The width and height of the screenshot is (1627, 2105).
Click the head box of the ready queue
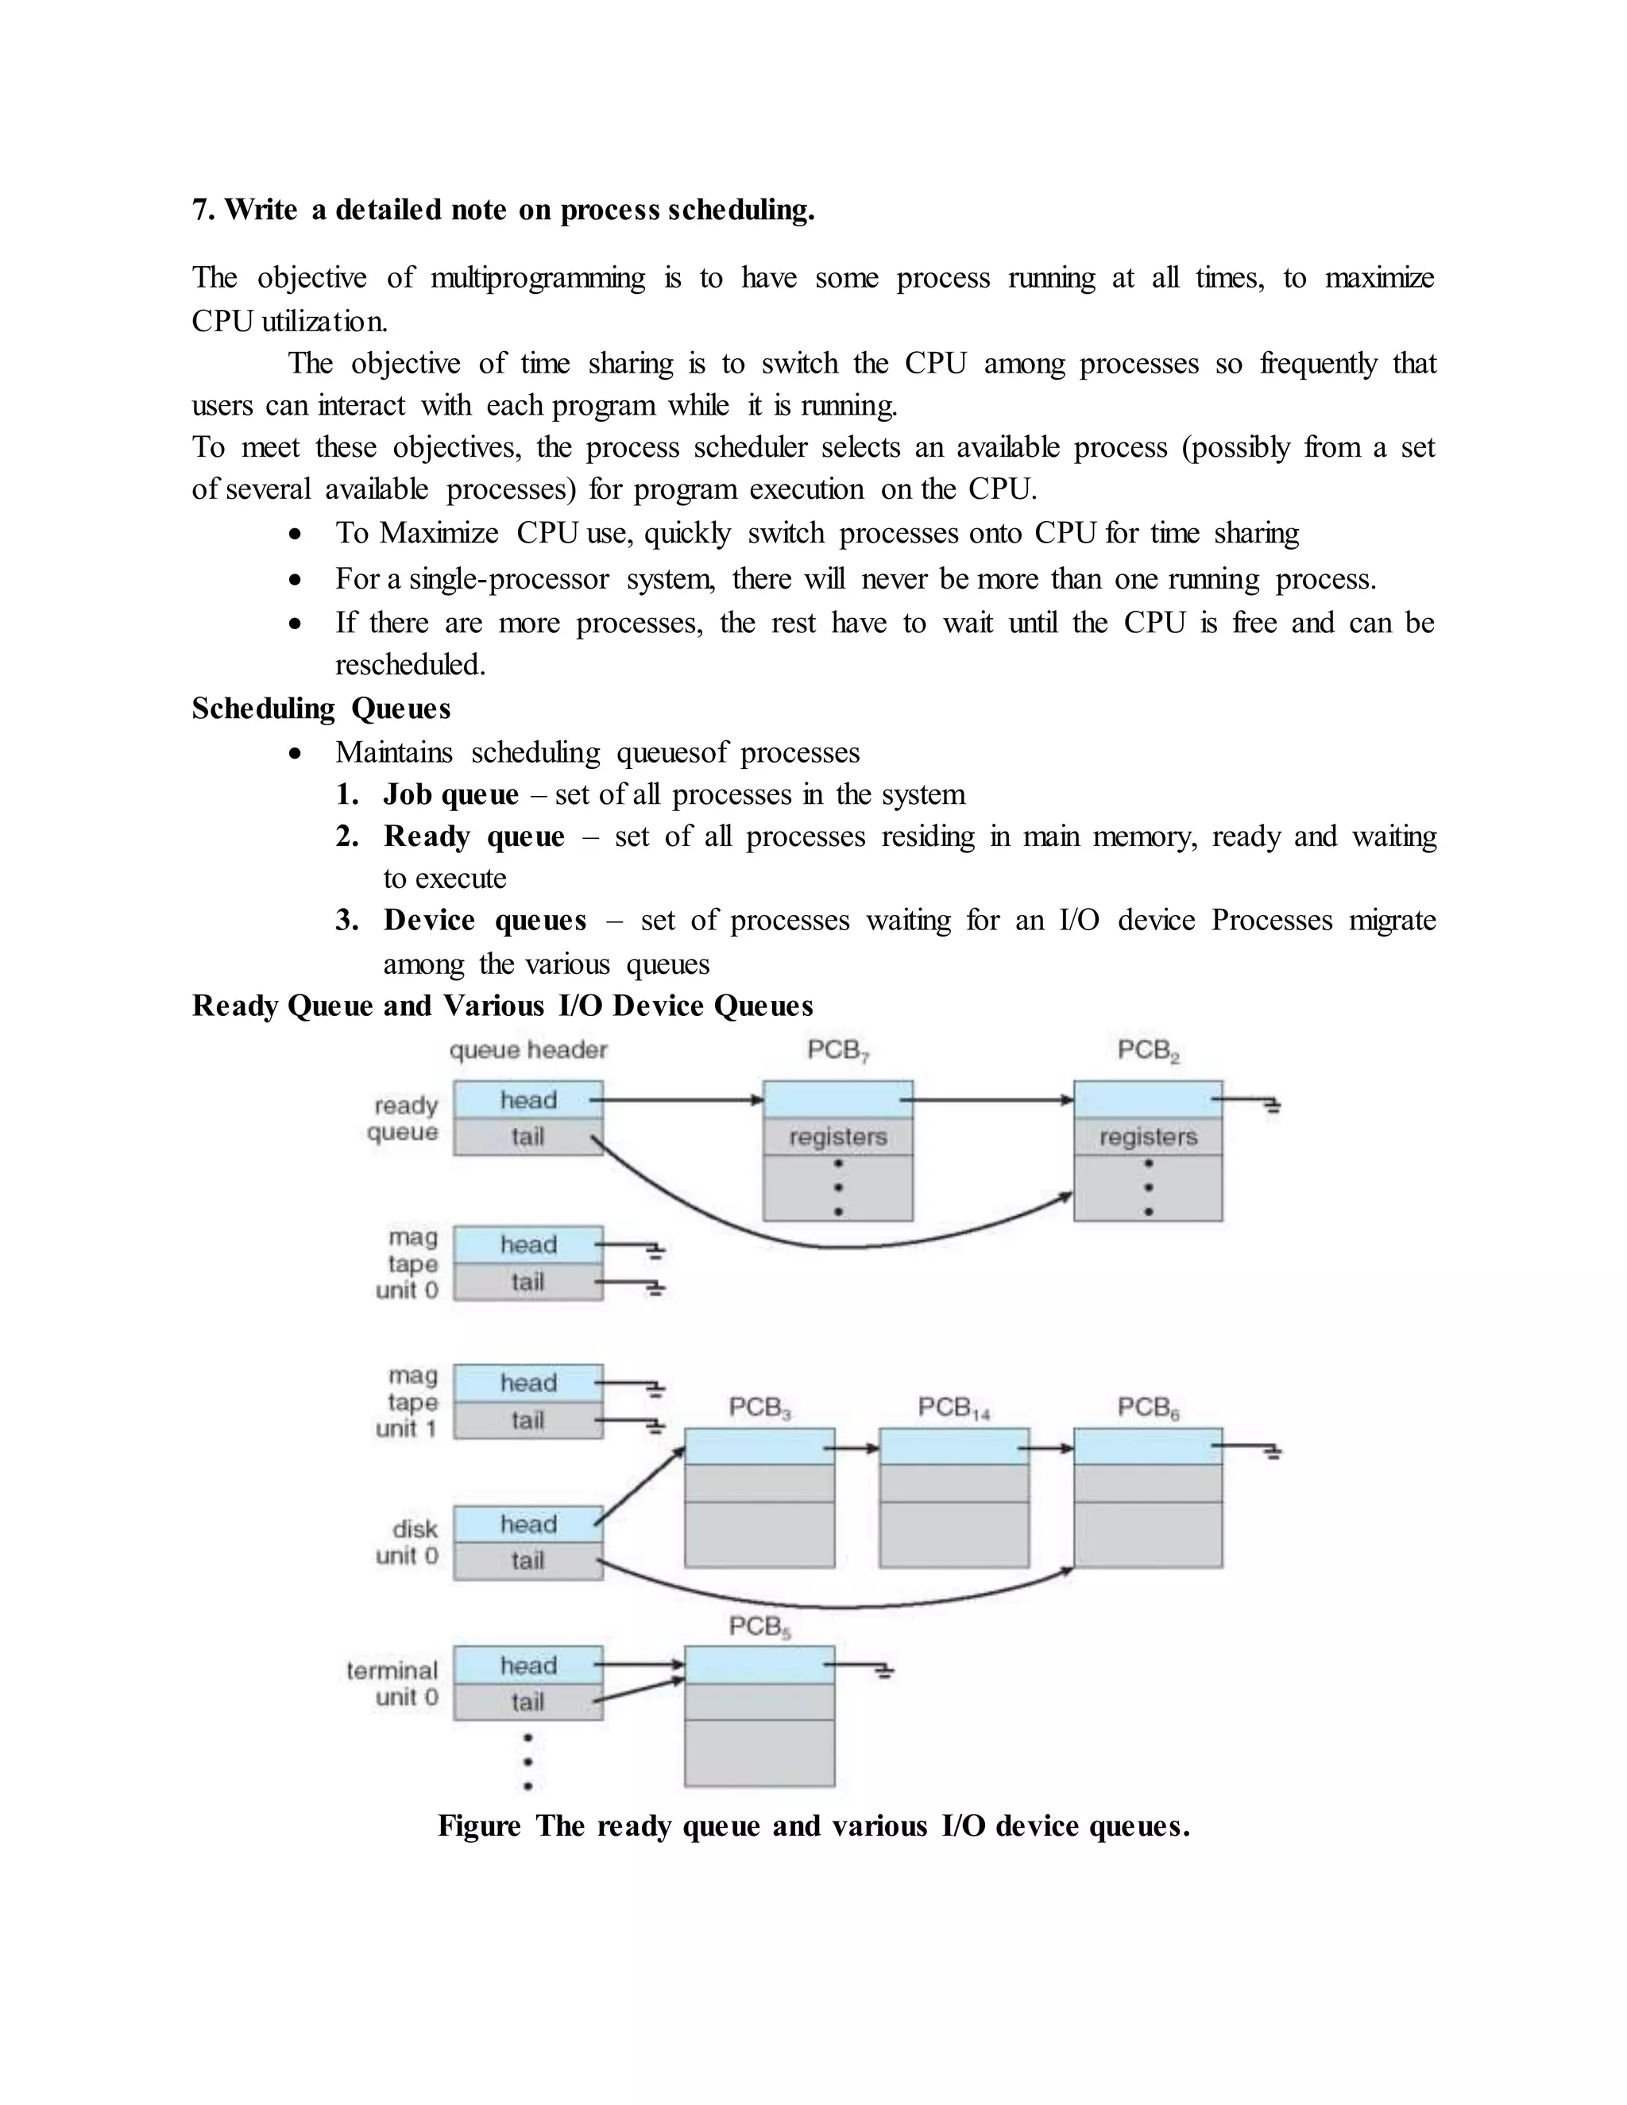528,1099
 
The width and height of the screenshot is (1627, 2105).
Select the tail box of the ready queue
528,1137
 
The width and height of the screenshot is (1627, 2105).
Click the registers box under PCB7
837,1137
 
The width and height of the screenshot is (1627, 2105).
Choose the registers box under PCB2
1148,1137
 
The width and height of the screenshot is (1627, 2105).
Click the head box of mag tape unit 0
528,1244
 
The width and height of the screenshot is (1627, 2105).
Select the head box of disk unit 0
528,1524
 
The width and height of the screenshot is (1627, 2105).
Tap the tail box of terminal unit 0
528,1702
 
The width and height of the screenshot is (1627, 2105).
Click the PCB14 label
953,1408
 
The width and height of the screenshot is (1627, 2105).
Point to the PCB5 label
759,1627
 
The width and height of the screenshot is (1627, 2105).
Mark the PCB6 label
1148,1408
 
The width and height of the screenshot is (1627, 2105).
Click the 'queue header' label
528,1049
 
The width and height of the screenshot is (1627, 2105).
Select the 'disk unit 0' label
407,1542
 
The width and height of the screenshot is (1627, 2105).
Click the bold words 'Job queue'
450,794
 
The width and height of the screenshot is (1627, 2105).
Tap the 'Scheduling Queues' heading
321,709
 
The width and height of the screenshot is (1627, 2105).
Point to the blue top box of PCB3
759,1446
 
